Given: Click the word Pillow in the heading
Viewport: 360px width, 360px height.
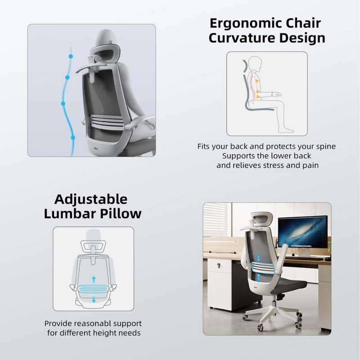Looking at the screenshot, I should (121, 213).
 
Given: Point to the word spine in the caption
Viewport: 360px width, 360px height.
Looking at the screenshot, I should (325, 146).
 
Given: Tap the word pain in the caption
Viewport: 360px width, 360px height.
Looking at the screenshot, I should (310, 165).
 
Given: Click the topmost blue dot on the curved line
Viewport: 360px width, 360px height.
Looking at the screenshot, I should (71, 56).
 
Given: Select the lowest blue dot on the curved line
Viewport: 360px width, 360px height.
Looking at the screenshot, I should (73, 138).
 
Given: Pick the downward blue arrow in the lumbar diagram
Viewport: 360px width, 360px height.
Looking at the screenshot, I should (94, 300).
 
